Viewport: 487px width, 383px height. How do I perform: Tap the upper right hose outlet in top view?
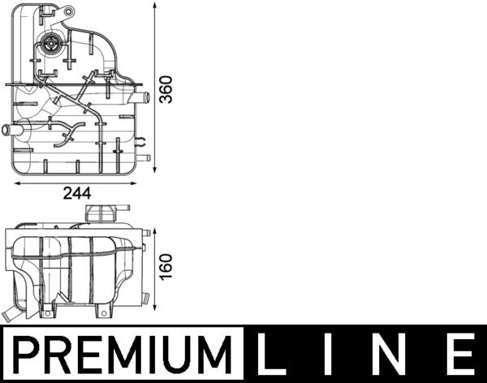[x=143, y=98]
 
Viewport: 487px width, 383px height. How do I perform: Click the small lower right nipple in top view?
[x=144, y=157]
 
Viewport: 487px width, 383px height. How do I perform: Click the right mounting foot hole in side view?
[x=103, y=311]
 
